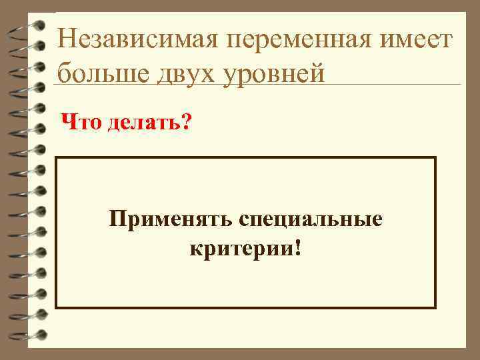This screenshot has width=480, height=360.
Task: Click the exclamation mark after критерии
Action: pyautogui.click(x=295, y=248)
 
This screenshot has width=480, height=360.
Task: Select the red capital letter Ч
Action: pyautogui.click(x=67, y=121)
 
